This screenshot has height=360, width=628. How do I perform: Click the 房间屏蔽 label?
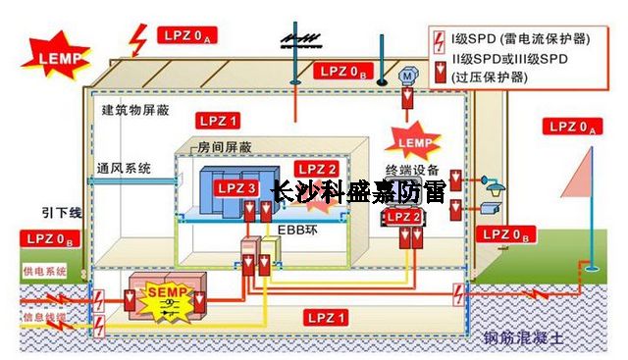point(224,146)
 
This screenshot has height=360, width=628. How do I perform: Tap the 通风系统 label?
point(124,168)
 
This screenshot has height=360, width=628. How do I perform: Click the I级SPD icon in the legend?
point(442,39)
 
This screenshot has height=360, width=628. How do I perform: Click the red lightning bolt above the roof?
point(139,40)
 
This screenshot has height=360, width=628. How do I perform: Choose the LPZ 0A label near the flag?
point(576,127)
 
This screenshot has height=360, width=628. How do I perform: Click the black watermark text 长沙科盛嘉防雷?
point(357,190)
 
